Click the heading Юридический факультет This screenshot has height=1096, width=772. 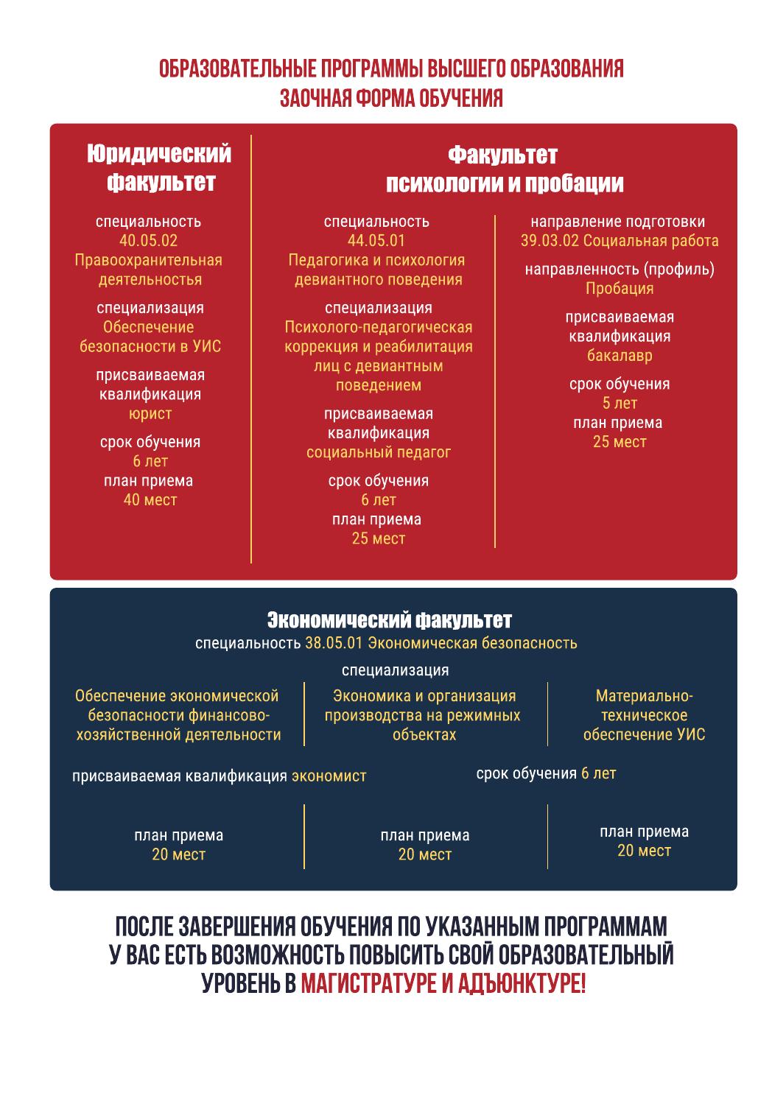[x=158, y=168]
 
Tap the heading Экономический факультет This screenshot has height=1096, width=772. [x=389, y=619]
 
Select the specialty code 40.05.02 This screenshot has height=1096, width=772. [x=148, y=241]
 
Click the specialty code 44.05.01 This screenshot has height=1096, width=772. [x=376, y=241]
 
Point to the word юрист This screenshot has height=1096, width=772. [x=150, y=413]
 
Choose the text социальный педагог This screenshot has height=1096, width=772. [x=378, y=452]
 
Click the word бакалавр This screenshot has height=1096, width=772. [x=620, y=356]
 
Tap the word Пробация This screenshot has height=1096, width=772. [x=620, y=289]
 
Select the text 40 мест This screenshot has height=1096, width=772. [x=150, y=500]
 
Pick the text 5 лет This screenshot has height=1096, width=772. [x=620, y=403]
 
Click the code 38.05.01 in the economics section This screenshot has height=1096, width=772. [x=334, y=643]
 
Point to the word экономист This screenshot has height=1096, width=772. [x=329, y=776]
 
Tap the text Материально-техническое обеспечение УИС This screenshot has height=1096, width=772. [x=644, y=715]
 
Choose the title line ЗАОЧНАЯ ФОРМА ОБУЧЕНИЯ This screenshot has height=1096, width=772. [x=391, y=98]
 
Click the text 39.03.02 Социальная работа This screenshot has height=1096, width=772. [x=620, y=241]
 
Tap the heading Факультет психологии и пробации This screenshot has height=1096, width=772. [x=505, y=169]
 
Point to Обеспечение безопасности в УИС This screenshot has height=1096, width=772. [x=150, y=337]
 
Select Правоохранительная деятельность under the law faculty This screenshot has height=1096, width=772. [x=149, y=270]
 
